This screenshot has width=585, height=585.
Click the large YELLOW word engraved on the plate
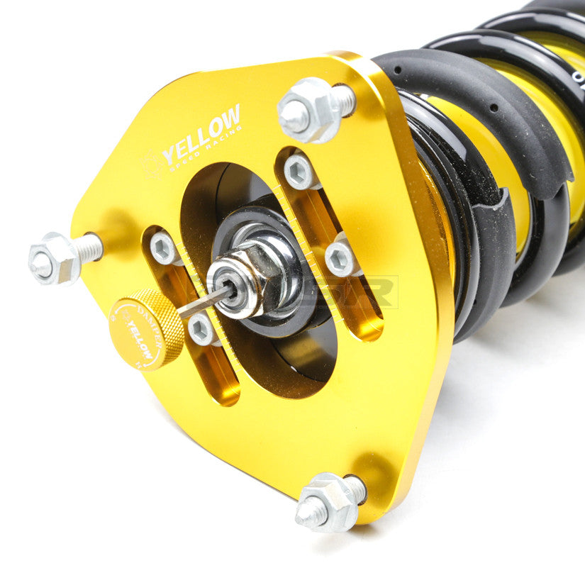tap(201, 135)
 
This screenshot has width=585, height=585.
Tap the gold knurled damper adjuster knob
tap(145, 329)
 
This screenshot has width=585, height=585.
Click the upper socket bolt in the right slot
tap(299, 172)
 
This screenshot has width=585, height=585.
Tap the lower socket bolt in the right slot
tap(340, 258)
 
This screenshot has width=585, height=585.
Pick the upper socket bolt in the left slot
tap(165, 248)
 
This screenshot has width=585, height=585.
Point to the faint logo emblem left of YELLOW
tap(150, 165)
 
